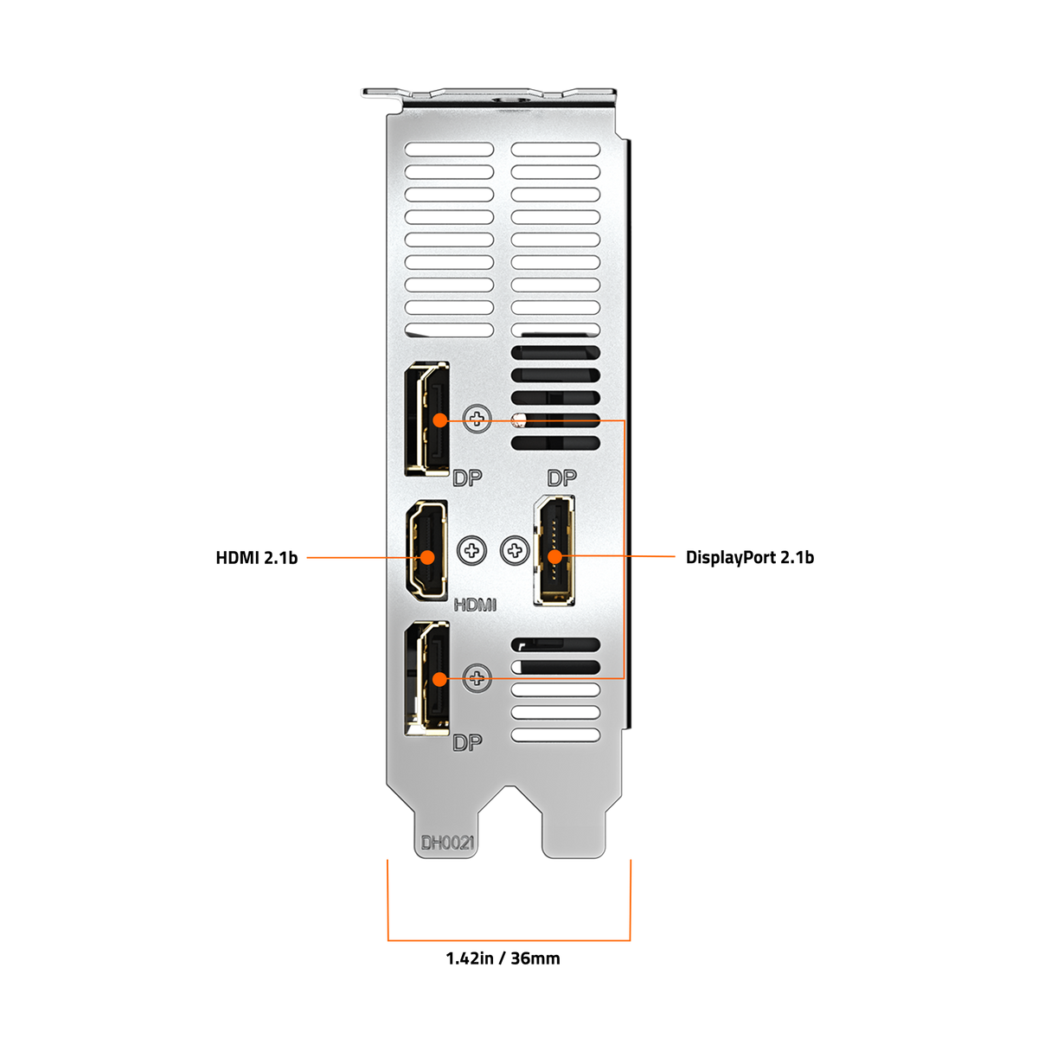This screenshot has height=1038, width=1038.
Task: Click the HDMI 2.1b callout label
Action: (256, 558)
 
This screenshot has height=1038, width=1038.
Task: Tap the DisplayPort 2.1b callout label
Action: (749, 558)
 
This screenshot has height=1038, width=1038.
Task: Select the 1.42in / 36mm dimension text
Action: (503, 958)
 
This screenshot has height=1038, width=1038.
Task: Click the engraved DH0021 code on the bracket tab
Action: (446, 843)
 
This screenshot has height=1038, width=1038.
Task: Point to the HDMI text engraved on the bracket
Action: (475, 605)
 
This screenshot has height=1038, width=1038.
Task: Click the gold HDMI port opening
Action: (426, 550)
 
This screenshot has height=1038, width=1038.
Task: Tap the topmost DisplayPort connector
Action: (427, 419)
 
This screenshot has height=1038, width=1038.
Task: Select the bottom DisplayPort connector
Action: (427, 679)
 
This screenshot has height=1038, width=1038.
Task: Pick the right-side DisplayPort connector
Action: (554, 550)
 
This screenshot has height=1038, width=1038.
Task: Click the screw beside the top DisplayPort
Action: (477, 419)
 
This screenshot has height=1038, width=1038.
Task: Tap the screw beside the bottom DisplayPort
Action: (477, 677)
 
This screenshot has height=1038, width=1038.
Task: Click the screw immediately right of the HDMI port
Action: (472, 550)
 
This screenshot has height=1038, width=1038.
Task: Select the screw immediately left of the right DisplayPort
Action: (515, 550)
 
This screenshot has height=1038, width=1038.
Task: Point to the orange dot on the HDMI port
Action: (427, 558)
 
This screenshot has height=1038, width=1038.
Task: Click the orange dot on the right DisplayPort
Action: (554, 557)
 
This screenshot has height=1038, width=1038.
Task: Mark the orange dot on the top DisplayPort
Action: (440, 420)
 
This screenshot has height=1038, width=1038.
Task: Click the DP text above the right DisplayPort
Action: (562, 477)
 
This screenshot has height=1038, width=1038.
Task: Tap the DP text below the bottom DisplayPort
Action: (467, 743)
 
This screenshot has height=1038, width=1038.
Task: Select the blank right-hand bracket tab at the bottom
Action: (573, 824)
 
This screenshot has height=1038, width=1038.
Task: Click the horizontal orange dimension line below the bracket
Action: (509, 940)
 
